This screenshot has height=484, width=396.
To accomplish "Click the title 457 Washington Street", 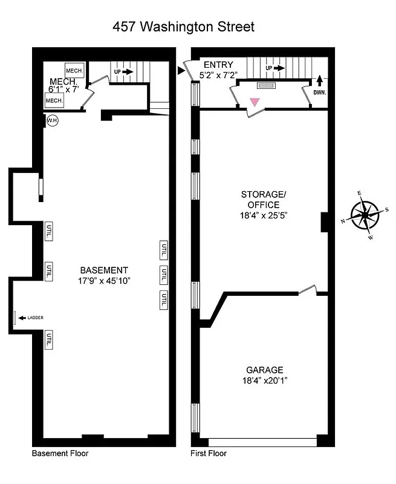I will (x=184, y=27).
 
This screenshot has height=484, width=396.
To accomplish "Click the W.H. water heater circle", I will (x=52, y=121).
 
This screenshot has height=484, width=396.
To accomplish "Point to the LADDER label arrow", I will (x=22, y=318).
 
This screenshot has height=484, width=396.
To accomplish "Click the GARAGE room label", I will (x=264, y=370).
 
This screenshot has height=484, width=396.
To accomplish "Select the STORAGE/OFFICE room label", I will (x=263, y=200).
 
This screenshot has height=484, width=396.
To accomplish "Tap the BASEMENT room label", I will (x=104, y=270).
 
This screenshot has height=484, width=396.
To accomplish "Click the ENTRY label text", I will (x=218, y=65).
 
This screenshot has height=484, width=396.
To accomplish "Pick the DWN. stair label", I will (x=320, y=93).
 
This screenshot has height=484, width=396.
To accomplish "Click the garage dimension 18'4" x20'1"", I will (x=264, y=381).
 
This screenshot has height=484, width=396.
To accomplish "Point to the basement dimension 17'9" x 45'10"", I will (x=104, y=281).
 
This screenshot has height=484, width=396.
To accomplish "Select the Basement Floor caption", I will (x=60, y=453).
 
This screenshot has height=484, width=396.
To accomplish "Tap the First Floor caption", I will (x=209, y=453).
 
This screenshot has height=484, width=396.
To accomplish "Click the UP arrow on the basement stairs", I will (x=127, y=71).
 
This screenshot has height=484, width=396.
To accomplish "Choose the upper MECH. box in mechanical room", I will (x=74, y=71).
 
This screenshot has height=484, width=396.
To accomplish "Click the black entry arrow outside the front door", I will (x=181, y=71).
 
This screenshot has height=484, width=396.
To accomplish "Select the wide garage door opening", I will (x=263, y=442).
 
